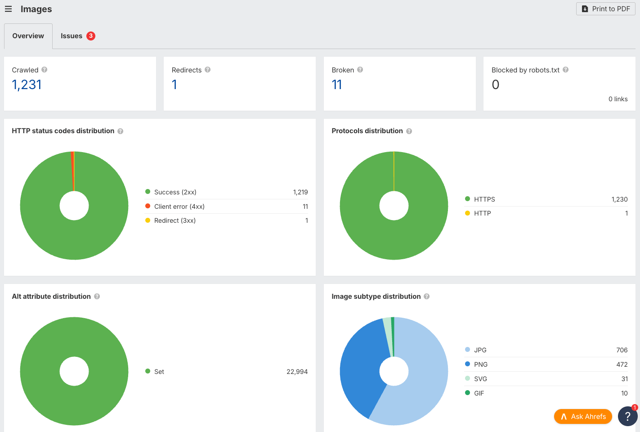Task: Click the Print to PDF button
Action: tap(605, 9)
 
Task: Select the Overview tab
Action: tap(28, 36)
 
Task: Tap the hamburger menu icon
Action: tap(8, 9)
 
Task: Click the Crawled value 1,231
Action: tap(27, 85)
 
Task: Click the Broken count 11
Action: tap(336, 85)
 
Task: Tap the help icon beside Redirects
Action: tap(208, 70)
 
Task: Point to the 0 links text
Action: tap(618, 99)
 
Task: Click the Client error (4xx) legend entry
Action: tap(179, 207)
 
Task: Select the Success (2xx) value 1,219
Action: tap(300, 192)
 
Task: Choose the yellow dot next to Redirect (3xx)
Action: tap(148, 220)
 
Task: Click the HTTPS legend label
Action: tap(484, 199)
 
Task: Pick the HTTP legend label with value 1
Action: tap(482, 213)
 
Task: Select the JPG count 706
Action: tap(622, 350)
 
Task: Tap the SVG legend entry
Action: tap(480, 379)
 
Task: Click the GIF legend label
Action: tap(479, 393)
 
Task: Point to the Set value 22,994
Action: tap(297, 372)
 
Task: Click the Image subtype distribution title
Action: tap(376, 297)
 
